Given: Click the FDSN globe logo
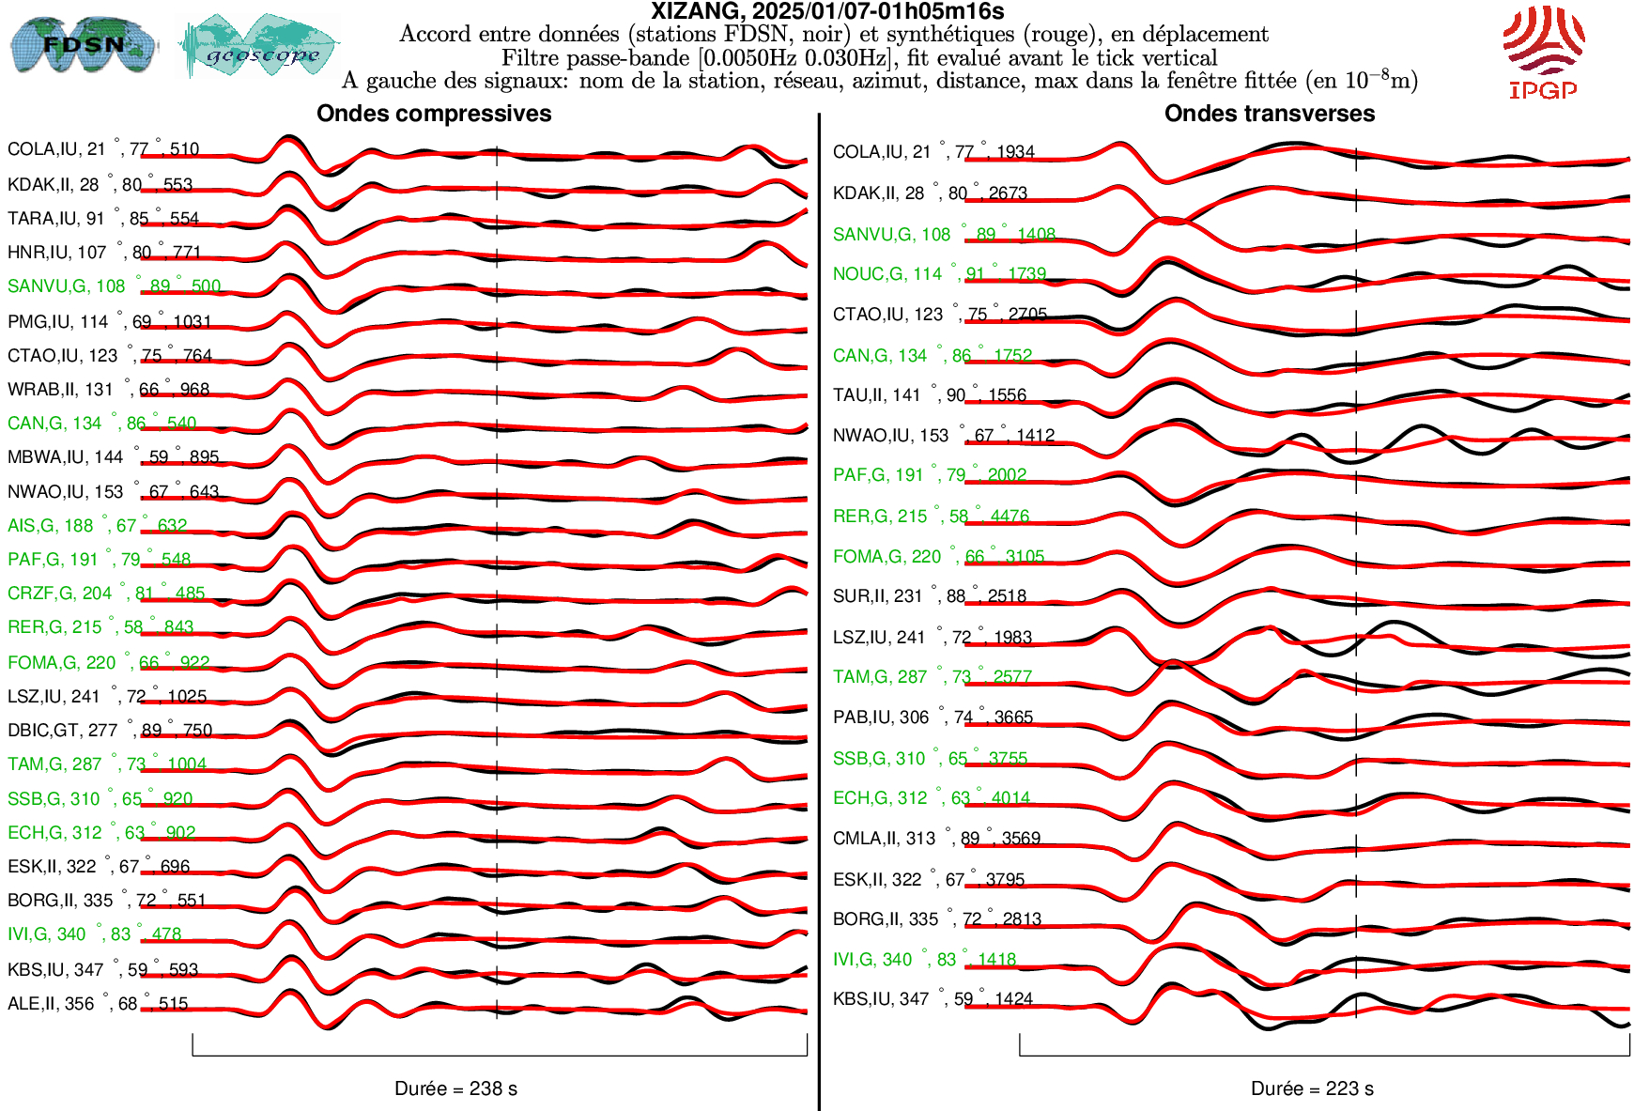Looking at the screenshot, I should coord(83,44).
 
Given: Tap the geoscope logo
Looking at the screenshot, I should coord(260,47).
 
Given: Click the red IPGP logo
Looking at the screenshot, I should coord(1543,53).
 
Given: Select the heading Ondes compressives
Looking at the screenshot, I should coord(434,114).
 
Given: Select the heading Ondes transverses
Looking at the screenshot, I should coord(1270,114).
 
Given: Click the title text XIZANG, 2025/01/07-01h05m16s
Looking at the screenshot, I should coord(827,11).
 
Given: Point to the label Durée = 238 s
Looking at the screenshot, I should coord(455,1088).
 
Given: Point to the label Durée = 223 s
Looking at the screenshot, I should coord(1312,1088).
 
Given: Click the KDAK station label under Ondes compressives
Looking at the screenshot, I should coord(100,184).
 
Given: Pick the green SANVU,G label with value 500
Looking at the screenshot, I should coord(114,286).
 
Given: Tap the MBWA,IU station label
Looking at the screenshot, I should coord(113,457).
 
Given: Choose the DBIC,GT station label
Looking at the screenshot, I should coord(110,730).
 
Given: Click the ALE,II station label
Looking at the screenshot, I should coord(98,1004).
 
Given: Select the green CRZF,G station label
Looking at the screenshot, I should coord(106,594).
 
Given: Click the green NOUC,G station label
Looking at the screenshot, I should coord(939,274).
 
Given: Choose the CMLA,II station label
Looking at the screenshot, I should coord(936,838).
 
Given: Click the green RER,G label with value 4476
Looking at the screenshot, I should coord(931,517).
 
